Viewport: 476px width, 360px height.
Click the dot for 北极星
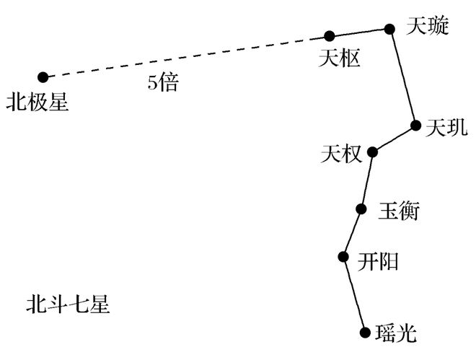coord(43,77)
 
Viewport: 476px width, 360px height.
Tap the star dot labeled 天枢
coord(329,36)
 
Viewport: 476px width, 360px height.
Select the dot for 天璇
coord(389,29)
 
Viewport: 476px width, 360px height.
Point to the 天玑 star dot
coord(415,125)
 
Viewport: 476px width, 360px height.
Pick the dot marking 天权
coord(372,152)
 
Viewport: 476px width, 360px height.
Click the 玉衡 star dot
coord(361,208)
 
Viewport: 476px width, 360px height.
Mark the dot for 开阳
coord(343,257)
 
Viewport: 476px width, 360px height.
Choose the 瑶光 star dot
coord(365,333)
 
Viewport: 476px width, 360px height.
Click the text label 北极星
coord(38,102)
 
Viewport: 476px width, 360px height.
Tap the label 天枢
coord(340,58)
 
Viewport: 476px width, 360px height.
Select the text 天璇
coord(428,26)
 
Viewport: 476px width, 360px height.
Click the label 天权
coord(342,154)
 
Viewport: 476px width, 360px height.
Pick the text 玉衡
coord(399,211)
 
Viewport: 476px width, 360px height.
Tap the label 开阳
coord(378,261)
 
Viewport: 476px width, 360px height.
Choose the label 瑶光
coord(395,333)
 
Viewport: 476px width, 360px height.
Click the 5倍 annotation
coord(163,82)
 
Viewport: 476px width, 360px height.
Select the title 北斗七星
coord(68,304)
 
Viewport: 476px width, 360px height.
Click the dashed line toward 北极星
coord(186,57)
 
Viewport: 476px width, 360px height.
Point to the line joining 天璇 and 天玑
coord(402,77)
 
